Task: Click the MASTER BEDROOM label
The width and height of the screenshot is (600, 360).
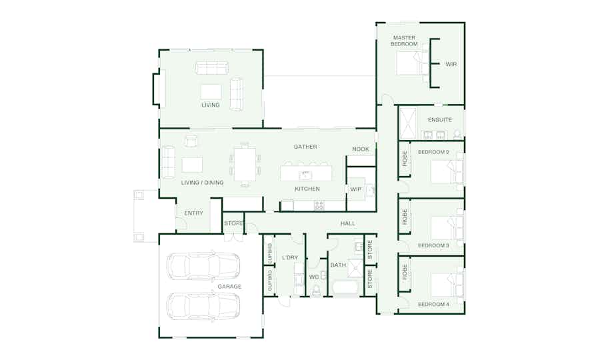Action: pyautogui.click(x=404, y=41)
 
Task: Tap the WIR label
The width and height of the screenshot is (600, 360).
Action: pyautogui.click(x=451, y=64)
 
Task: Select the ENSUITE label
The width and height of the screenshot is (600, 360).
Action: pyautogui.click(x=440, y=120)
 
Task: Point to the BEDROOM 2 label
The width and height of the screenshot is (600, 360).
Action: pyautogui.click(x=433, y=152)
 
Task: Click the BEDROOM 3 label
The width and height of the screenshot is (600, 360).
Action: pyautogui.click(x=433, y=245)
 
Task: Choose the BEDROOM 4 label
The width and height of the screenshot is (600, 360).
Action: pyautogui.click(x=433, y=304)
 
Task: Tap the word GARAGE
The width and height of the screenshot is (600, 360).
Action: pyautogui.click(x=229, y=286)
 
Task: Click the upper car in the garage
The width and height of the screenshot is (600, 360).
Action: pyautogui.click(x=203, y=266)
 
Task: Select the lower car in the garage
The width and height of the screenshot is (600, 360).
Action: pyautogui.click(x=203, y=306)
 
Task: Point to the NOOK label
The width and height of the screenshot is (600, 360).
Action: pyautogui.click(x=361, y=149)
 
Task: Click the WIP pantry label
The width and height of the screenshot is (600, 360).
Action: pyautogui.click(x=356, y=189)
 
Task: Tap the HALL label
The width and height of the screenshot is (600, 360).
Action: pyautogui.click(x=348, y=223)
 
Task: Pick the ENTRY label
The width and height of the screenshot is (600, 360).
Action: pyautogui.click(x=193, y=213)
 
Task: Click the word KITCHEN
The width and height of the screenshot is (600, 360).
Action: pyautogui.click(x=307, y=189)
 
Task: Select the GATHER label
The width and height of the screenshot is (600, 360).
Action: pyautogui.click(x=305, y=147)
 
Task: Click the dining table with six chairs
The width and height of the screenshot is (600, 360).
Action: pyautogui.click(x=245, y=165)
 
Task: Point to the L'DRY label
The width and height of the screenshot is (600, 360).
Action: pyautogui.click(x=290, y=257)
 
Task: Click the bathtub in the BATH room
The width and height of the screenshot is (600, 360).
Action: pyautogui.click(x=345, y=289)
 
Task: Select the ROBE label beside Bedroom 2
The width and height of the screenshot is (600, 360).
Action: pyautogui.click(x=405, y=158)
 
